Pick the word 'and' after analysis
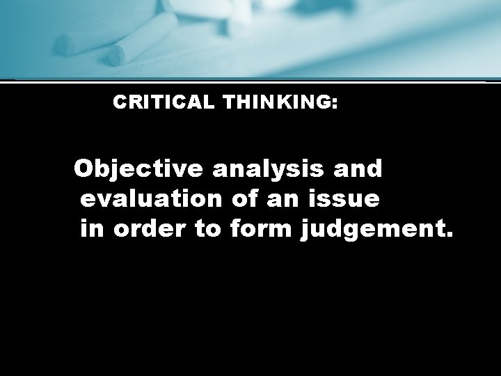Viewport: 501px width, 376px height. [358, 169]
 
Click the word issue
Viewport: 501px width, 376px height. [345, 199]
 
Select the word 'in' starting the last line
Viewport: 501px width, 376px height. [91, 229]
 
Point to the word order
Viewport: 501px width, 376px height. [149, 229]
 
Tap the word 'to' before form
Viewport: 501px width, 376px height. [207, 229]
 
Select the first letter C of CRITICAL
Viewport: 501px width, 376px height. [119, 102]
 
